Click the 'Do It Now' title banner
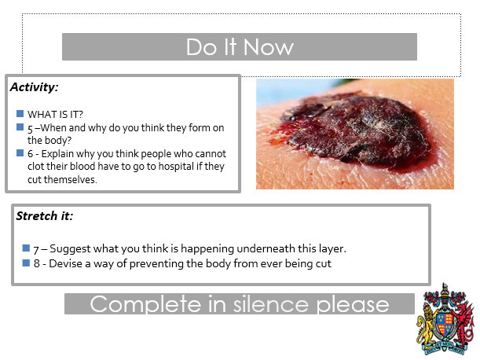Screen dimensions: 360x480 [x=240, y=47]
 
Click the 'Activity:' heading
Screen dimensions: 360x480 [x=34, y=86]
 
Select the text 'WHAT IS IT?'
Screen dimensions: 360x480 [x=56, y=114]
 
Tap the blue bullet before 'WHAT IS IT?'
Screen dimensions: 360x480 [x=20, y=113]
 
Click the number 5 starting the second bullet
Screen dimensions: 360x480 [x=30, y=128]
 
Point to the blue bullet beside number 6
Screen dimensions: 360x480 [x=20, y=153]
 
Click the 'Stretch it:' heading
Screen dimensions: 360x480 [x=45, y=215]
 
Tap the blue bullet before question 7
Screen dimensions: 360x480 [x=26, y=248]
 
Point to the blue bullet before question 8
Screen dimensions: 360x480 [x=26, y=263]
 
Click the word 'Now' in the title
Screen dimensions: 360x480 [x=268, y=47]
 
